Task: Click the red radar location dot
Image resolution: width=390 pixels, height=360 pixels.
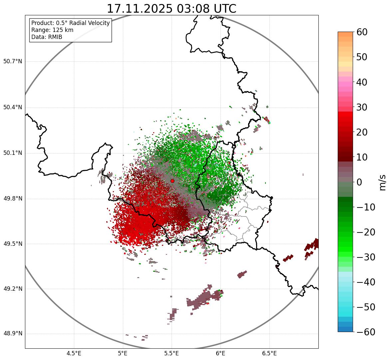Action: point(172,181)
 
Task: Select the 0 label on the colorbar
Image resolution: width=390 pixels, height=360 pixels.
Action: point(360,182)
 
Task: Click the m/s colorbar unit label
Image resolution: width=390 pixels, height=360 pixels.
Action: point(382,182)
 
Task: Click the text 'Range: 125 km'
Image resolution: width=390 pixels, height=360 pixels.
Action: point(52,30)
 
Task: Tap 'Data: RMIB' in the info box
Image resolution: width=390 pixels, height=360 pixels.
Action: point(47,37)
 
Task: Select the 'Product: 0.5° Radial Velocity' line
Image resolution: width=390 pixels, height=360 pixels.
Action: point(70,23)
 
